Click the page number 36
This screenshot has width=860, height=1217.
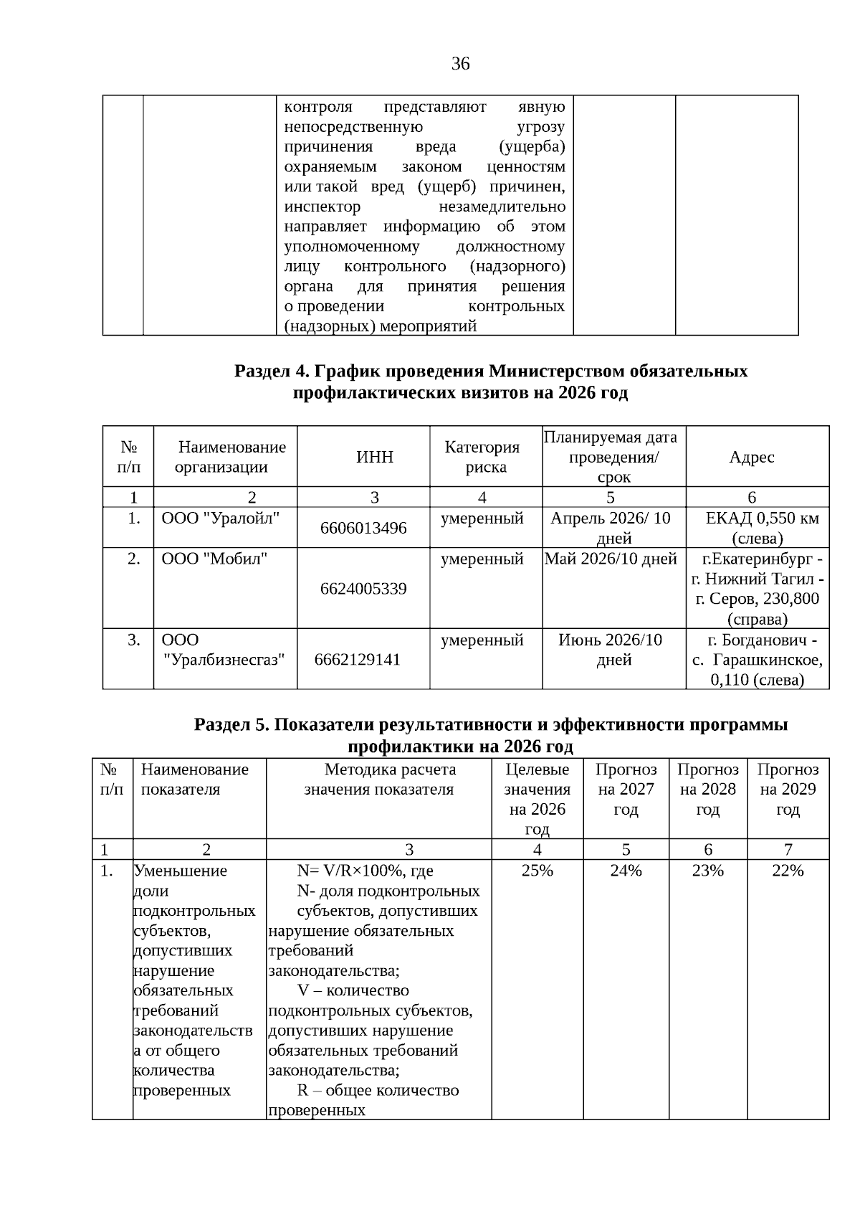(x=460, y=65)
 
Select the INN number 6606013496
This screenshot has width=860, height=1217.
(x=363, y=529)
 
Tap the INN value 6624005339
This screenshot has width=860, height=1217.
(x=363, y=589)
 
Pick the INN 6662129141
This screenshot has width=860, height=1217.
(x=358, y=659)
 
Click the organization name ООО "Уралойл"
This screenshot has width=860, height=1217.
(x=220, y=518)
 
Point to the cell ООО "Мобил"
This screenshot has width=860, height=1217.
(x=214, y=559)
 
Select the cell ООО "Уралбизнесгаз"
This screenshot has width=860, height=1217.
(x=219, y=650)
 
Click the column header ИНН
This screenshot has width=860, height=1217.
(x=375, y=458)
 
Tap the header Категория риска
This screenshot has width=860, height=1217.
(x=482, y=458)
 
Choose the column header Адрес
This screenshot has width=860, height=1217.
(x=751, y=458)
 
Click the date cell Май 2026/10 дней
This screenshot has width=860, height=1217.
(x=611, y=559)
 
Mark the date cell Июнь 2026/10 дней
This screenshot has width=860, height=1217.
(x=611, y=650)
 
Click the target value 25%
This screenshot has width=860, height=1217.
(x=537, y=871)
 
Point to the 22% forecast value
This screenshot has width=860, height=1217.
(x=788, y=871)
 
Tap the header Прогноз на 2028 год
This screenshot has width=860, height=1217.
(x=707, y=790)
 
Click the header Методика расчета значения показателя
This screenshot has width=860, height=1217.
(x=379, y=780)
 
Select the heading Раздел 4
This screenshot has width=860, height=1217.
(x=491, y=371)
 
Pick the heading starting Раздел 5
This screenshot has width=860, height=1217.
(x=491, y=725)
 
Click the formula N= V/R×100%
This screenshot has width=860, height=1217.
(x=365, y=871)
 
